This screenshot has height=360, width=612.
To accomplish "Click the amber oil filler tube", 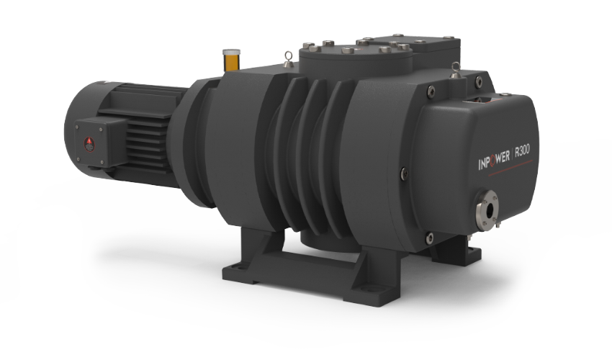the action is pos(231,60).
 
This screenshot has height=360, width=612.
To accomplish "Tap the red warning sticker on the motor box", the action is pos(89,144).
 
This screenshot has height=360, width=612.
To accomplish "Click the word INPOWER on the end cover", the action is pos(494,160).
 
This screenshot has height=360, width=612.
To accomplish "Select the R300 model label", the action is pos(522,150).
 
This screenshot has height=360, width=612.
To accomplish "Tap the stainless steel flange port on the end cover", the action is pos(487,210).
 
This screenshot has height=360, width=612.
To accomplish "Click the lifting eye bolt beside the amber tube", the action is pos(289,59).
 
